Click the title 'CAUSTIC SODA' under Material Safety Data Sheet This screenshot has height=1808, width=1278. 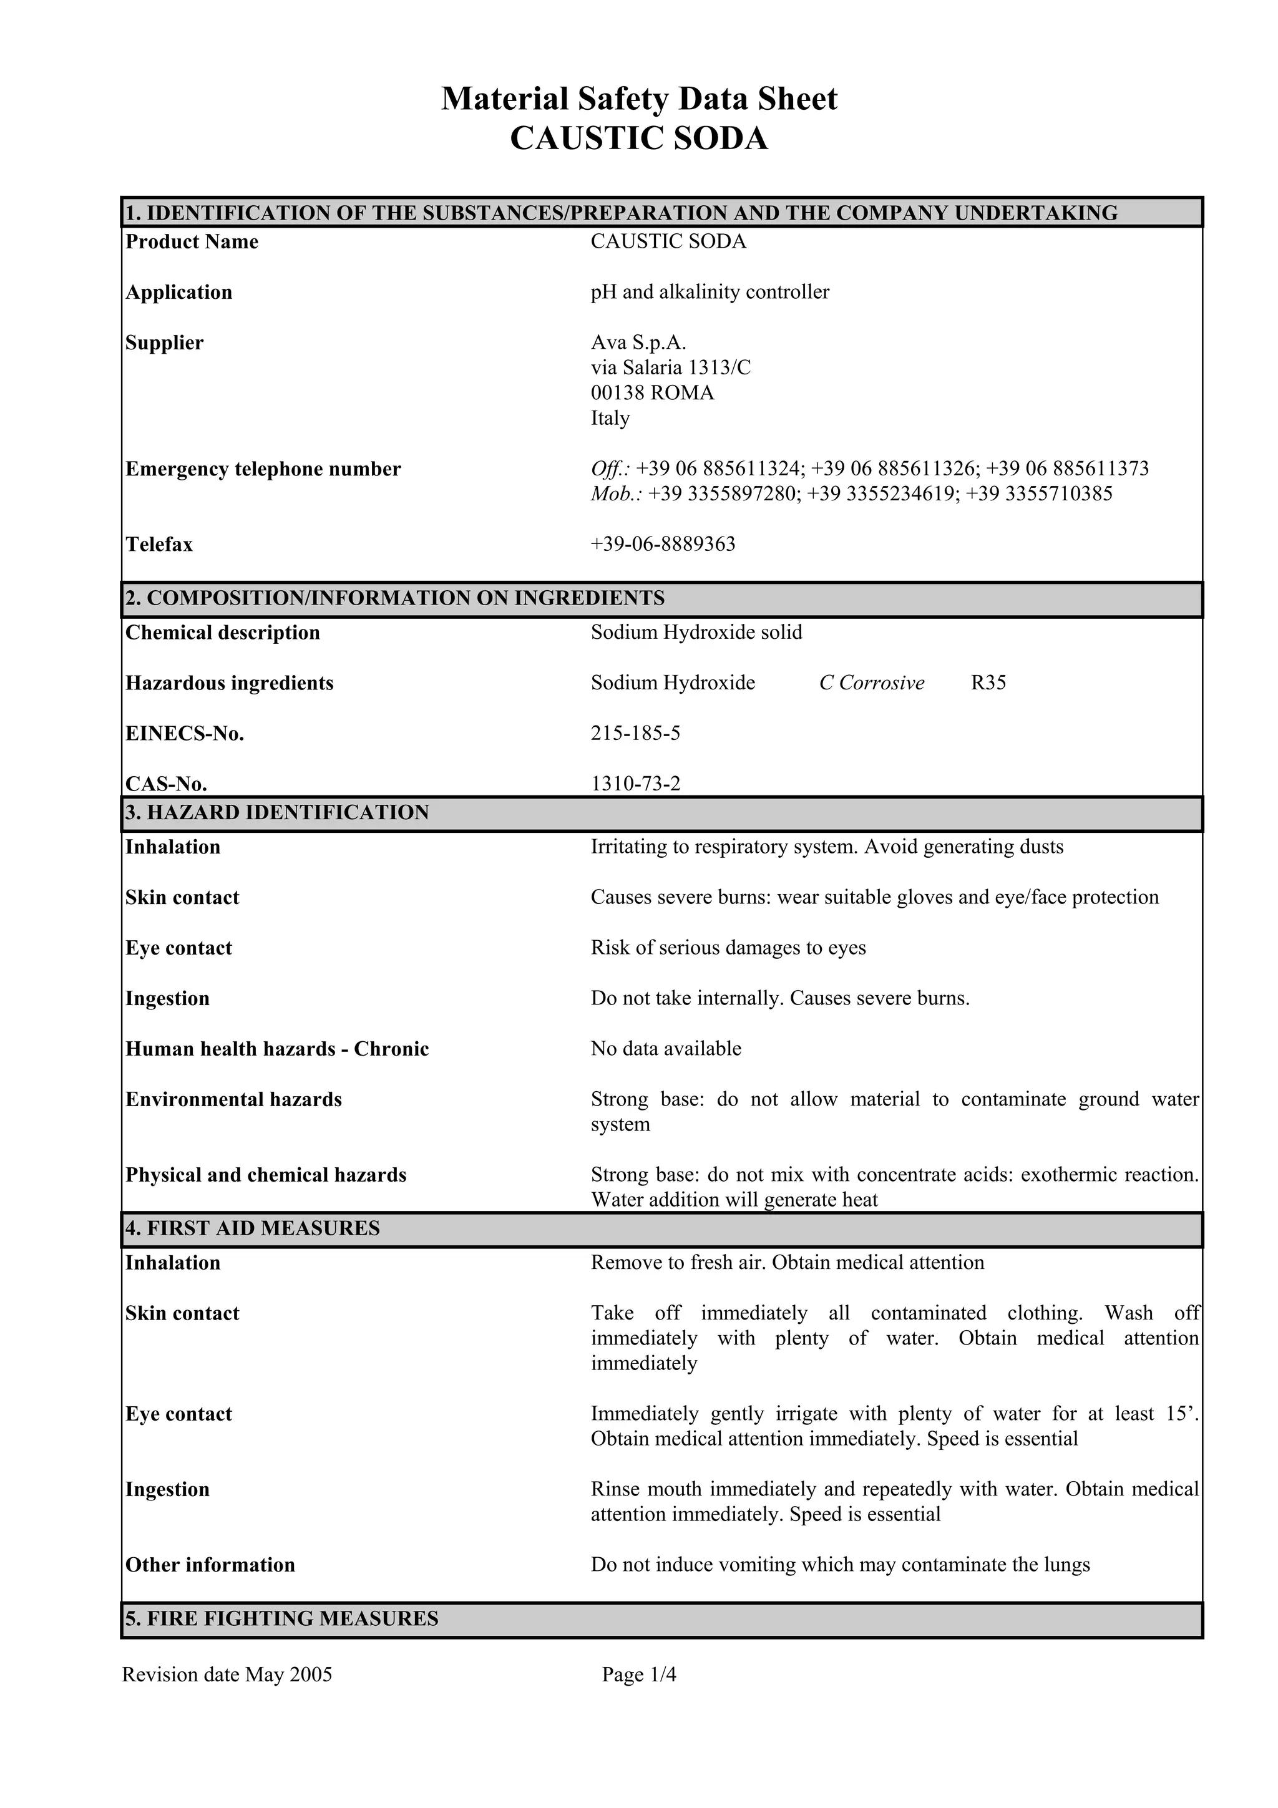(638, 139)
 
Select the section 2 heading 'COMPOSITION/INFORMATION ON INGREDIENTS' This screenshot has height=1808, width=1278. (406, 598)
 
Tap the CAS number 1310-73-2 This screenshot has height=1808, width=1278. (635, 784)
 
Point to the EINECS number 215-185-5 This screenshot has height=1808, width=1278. (635, 733)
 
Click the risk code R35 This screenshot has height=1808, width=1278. (988, 683)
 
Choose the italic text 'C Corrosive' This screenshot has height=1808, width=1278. (872, 683)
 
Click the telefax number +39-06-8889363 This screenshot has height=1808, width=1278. (663, 544)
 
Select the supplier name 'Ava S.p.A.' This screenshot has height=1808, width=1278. (638, 343)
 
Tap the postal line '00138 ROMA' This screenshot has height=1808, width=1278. (652, 393)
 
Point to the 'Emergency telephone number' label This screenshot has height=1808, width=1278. (263, 469)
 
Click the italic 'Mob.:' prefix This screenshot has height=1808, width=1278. (617, 493)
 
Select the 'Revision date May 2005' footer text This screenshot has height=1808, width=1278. (227, 1674)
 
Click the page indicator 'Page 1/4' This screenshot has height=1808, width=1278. (638, 1674)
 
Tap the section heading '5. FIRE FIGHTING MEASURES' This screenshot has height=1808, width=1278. (282, 1618)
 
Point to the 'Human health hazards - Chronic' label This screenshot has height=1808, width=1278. (277, 1049)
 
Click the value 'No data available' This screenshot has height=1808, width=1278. (666, 1049)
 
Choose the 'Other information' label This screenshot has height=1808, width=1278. (210, 1565)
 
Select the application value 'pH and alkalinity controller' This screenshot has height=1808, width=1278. (710, 292)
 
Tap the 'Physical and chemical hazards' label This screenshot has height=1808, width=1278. (266, 1175)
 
